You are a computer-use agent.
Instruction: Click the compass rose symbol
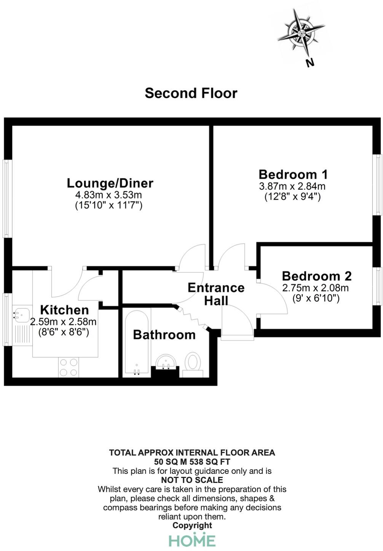tap(301, 32)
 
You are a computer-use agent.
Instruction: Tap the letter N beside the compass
tap(310, 62)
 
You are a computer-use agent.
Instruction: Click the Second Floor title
tap(191, 93)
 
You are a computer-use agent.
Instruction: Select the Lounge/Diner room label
tap(110, 183)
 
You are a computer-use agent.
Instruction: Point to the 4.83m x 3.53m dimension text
tap(109, 195)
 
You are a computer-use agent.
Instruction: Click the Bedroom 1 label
tap(293, 175)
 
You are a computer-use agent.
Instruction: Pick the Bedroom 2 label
tap(316, 276)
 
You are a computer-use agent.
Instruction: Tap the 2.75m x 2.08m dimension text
tap(315, 288)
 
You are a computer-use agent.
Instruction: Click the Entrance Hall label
tap(216, 294)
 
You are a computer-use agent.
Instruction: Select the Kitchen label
tap(64, 310)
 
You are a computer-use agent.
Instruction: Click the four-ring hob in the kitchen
tap(69, 367)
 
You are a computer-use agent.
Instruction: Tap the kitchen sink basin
tap(21, 314)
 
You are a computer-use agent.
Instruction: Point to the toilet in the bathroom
tap(193, 362)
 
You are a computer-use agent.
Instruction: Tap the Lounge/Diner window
tap(6, 198)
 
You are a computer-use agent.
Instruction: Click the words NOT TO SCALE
tap(192, 480)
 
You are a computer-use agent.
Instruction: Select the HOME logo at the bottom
tap(192, 540)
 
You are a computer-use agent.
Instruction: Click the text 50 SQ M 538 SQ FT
tap(192, 462)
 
